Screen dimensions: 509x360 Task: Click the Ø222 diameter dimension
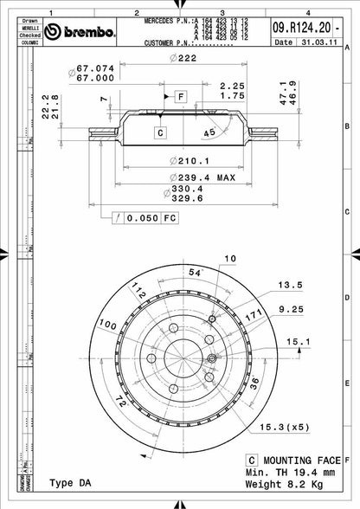(x=180, y=56)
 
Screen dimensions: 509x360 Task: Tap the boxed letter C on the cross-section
(x=160, y=132)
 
